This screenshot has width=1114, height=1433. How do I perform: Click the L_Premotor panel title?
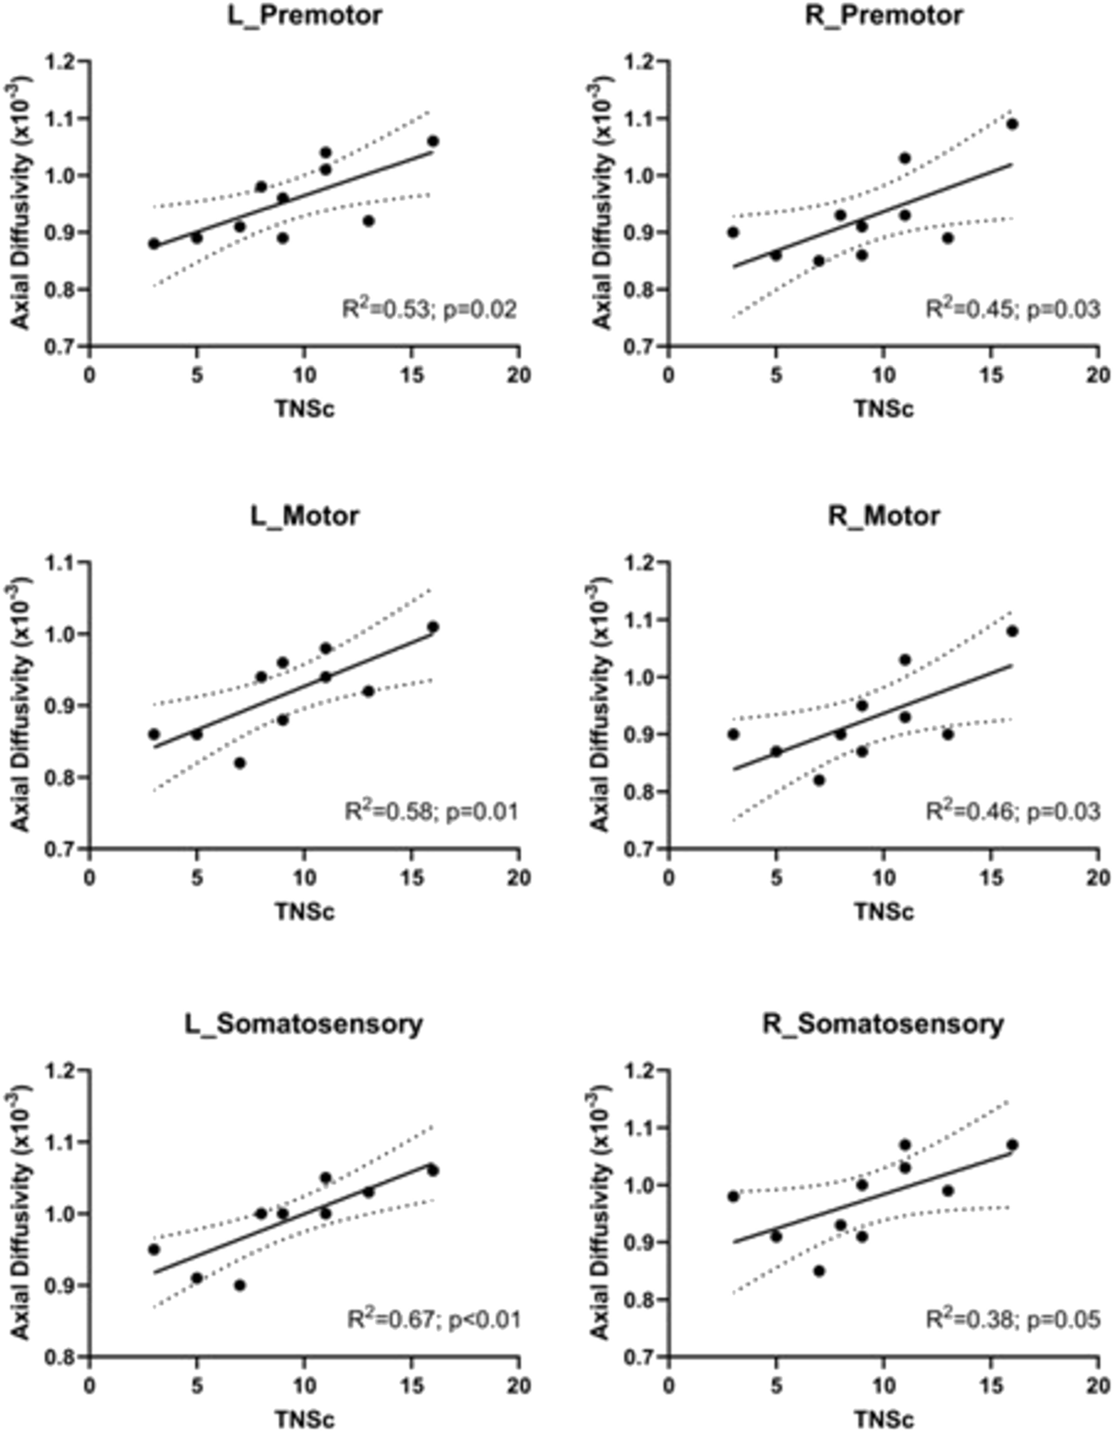(304, 15)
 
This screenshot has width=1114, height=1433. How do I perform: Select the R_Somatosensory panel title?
(882, 1024)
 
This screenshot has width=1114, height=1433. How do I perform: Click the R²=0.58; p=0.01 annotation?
(431, 812)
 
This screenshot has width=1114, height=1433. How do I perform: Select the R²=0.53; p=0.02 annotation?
(430, 309)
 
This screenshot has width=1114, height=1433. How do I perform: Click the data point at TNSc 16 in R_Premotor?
(1012, 124)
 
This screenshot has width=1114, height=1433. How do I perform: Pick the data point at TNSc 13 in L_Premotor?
(368, 221)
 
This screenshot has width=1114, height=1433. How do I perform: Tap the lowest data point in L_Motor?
(239, 763)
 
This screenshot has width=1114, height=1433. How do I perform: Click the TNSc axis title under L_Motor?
(304, 912)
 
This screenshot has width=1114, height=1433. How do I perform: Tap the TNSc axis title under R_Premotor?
(882, 409)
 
